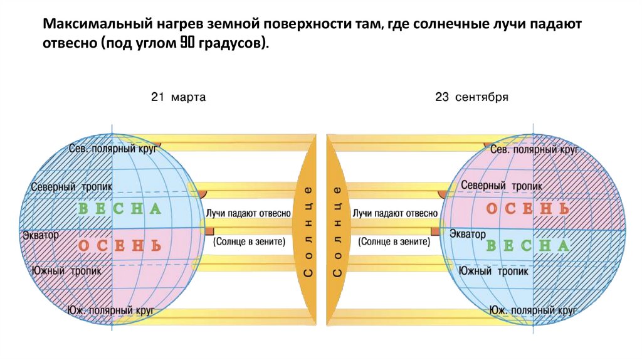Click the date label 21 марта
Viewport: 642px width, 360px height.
178,98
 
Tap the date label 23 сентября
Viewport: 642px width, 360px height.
471,98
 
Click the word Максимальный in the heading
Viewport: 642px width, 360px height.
91,24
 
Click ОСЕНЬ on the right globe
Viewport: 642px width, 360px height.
529,208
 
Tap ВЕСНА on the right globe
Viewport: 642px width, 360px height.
528,245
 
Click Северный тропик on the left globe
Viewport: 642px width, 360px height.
71,187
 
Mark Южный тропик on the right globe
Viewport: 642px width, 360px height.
493,271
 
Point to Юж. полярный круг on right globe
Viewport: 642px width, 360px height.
533,310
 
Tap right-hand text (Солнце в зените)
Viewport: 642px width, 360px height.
394,241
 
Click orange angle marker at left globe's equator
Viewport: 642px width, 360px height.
209,231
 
